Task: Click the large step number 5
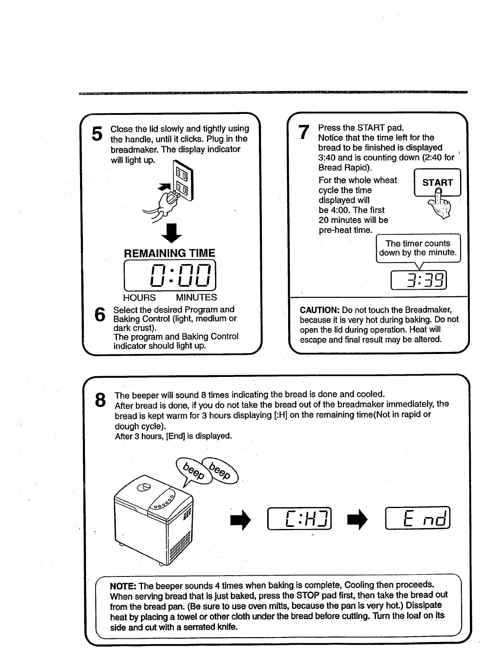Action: (96, 134)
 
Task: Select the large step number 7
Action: (303, 132)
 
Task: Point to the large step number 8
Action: (100, 400)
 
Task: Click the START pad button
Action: (438, 183)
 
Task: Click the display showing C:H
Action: (300, 519)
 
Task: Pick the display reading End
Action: (418, 518)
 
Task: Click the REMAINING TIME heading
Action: (170, 253)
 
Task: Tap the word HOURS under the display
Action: (140, 297)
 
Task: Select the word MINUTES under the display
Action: (196, 297)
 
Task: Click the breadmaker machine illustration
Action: (154, 520)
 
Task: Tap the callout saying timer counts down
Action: (418, 248)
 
